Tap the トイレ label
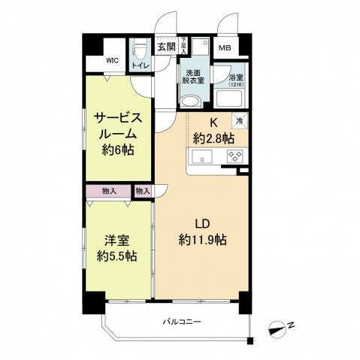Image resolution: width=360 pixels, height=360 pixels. [140, 66]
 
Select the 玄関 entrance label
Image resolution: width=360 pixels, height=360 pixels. [166, 47]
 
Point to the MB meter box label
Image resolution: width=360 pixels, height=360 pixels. [224, 49]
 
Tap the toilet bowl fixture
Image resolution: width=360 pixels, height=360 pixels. [139, 50]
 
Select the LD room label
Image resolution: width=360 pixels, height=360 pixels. [203, 225]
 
